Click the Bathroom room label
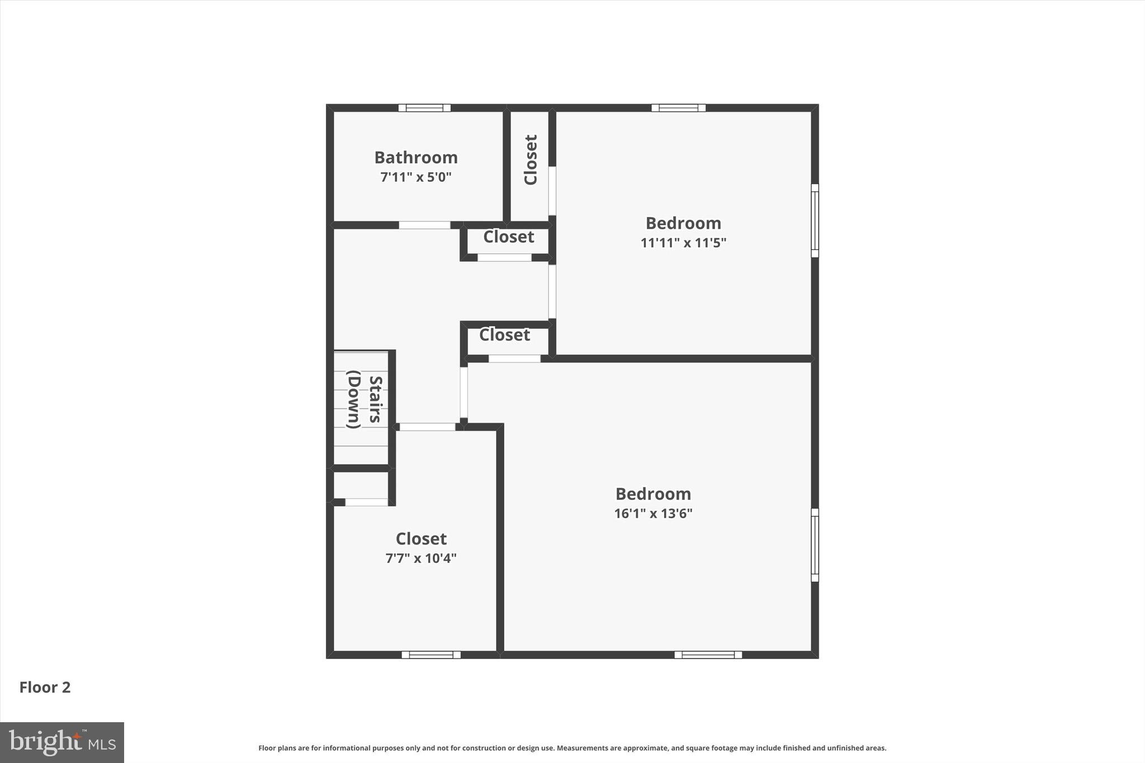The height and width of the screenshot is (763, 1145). (x=416, y=158)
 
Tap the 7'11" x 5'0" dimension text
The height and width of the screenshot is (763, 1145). (x=416, y=178)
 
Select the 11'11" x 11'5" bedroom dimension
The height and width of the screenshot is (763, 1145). (x=683, y=243)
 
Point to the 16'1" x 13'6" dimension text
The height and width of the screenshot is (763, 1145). (x=653, y=514)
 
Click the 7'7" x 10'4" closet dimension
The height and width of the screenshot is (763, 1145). (x=421, y=558)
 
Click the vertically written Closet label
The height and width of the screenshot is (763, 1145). (x=530, y=160)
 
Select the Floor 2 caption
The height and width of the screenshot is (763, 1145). (x=45, y=688)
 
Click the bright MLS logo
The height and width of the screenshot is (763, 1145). (x=62, y=742)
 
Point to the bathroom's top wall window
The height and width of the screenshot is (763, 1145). (x=424, y=108)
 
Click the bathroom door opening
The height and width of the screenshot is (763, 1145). (x=424, y=225)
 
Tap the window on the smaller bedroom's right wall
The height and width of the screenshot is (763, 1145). (x=815, y=221)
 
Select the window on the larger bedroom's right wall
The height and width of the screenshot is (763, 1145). (x=815, y=545)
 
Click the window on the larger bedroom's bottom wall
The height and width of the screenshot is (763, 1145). (x=708, y=655)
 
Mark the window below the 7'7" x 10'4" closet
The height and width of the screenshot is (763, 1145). (x=431, y=655)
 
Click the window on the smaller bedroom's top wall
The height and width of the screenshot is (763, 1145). (x=678, y=108)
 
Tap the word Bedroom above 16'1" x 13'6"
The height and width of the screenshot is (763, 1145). (x=653, y=494)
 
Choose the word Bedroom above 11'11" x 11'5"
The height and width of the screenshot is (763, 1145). (x=683, y=224)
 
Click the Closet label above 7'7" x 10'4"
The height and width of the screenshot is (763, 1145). (x=421, y=539)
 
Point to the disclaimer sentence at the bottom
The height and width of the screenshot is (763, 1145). (x=572, y=748)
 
